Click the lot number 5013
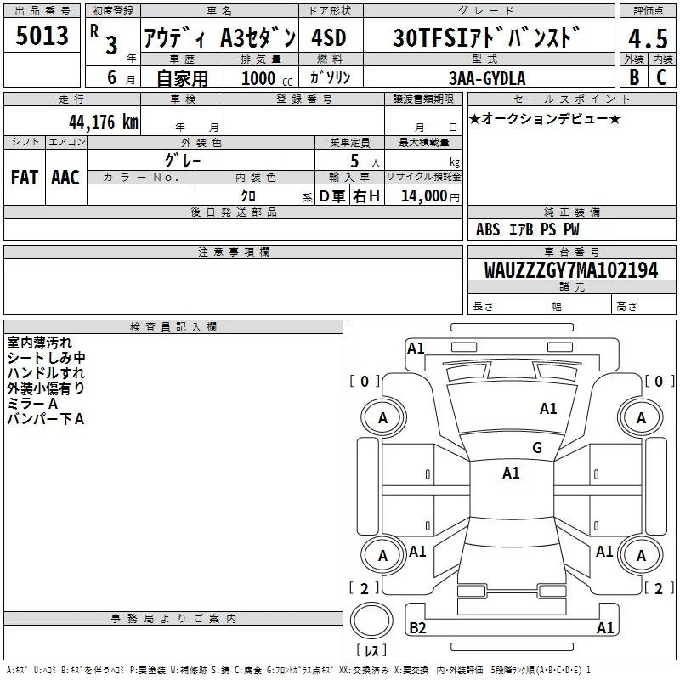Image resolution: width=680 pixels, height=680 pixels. [42, 36]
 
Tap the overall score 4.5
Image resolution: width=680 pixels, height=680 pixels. [648, 38]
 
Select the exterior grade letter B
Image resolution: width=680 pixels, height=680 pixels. [634, 77]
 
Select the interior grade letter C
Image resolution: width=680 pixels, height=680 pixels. [661, 77]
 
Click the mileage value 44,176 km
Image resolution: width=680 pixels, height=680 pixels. [104, 122]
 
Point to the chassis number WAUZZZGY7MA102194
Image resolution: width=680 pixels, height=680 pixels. [571, 270]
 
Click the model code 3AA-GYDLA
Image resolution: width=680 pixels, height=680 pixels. [487, 78]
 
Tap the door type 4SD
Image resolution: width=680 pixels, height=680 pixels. [329, 37]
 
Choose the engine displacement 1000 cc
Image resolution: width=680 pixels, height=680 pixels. [267, 78]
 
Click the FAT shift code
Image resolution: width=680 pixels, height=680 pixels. [25, 178]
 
